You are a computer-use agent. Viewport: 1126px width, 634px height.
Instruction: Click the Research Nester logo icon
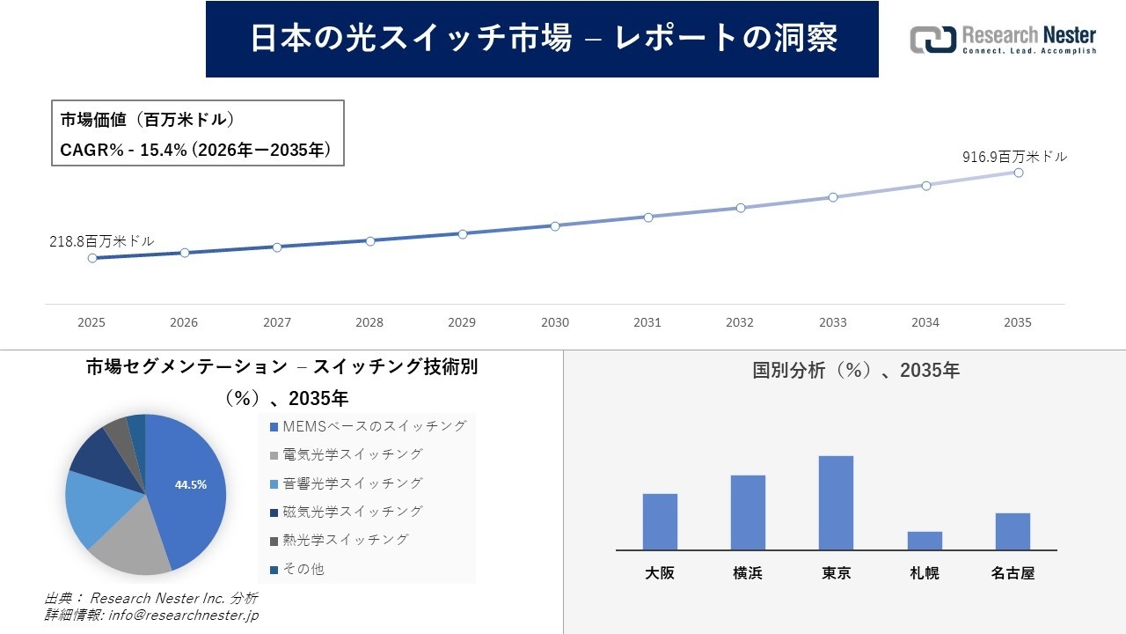[x=932, y=40]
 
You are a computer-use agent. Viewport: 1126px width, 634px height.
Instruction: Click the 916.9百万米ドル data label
[x=1014, y=157]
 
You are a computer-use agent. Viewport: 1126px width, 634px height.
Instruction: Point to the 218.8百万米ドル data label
[x=101, y=240]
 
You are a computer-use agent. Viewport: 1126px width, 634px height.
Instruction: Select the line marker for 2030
[x=555, y=226]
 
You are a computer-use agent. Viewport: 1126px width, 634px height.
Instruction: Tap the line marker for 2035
[x=1018, y=173]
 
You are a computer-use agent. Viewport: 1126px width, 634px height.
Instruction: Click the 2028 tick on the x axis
[x=369, y=322]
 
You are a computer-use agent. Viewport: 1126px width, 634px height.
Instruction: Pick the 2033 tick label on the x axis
[x=832, y=322]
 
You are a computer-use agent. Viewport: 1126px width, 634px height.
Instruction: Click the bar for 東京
[x=836, y=503]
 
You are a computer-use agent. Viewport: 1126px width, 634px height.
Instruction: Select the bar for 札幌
[x=925, y=541]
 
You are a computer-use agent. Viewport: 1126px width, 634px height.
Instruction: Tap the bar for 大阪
[x=660, y=521]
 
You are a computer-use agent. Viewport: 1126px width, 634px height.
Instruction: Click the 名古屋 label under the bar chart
[x=1013, y=573]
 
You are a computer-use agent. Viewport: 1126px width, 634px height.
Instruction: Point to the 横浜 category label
[x=748, y=573]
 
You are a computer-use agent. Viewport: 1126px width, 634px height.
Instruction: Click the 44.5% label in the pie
[x=191, y=484]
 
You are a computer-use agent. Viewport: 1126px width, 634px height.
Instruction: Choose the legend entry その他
[x=303, y=569]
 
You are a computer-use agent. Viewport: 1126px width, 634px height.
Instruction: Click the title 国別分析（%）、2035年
[x=856, y=371]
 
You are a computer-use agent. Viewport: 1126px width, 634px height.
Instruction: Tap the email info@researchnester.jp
[x=182, y=616]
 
